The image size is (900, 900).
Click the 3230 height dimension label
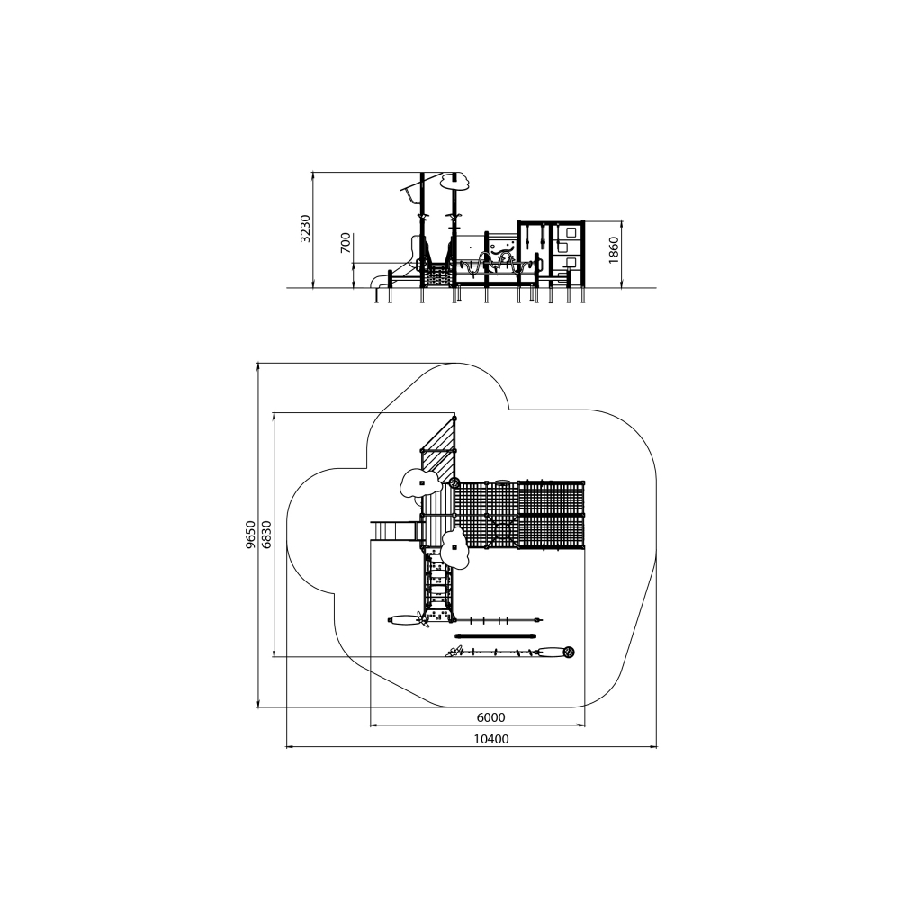[306, 229]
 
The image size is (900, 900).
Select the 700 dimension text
[346, 243]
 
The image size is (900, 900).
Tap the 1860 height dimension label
[614, 250]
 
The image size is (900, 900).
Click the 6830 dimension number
[265, 535]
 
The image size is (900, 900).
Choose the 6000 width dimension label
[491, 717]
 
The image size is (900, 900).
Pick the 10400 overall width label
[491, 739]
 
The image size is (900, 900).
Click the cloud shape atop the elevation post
[455, 180]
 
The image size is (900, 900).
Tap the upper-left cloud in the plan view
[421, 482]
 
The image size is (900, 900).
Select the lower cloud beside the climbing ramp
[454, 548]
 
